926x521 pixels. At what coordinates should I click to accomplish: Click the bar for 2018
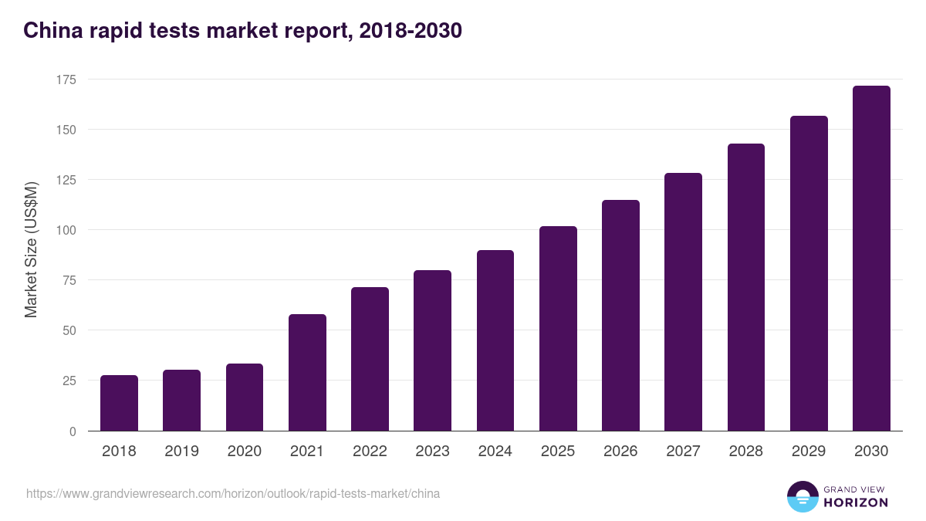pos(119,403)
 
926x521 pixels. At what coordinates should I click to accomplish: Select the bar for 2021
pos(307,373)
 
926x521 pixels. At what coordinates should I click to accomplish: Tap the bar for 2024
pos(495,340)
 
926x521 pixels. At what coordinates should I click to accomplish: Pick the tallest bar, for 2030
pos(871,259)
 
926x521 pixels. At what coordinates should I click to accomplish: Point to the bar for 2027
pos(683,302)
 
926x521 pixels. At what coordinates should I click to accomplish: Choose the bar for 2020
pos(245,398)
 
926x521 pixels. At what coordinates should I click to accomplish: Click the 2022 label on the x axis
pos(370,452)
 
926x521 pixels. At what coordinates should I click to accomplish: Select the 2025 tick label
pos(558,452)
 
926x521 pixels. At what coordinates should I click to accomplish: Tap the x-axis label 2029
pos(809,452)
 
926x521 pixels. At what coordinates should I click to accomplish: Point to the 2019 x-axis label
pos(181,452)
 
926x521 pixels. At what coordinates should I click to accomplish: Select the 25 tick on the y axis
pos(69,381)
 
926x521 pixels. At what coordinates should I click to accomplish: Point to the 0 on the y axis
pos(73,431)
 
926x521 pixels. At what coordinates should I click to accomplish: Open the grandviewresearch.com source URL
pos(233,493)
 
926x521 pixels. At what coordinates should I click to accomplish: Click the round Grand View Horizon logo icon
pos(803,496)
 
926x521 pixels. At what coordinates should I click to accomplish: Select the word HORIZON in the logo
pos(856,502)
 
